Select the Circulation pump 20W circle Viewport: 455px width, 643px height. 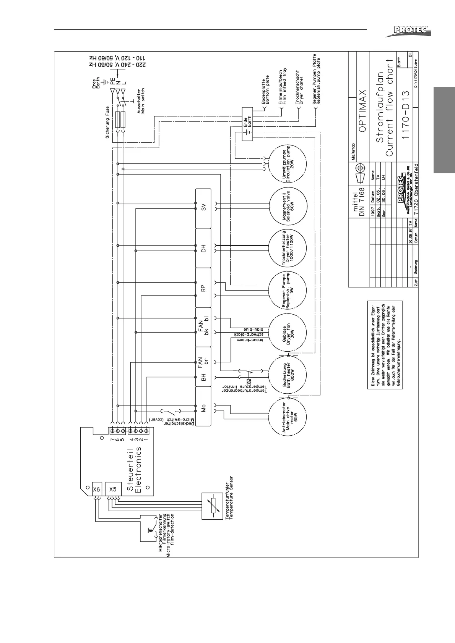[x=288, y=165]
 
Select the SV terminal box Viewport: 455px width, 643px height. [x=203, y=208]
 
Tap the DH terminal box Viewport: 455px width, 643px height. [x=203, y=248]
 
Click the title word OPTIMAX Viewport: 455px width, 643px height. [x=363, y=111]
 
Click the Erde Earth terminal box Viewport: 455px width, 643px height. [x=248, y=124]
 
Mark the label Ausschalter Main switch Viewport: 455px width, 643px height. [x=140, y=99]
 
